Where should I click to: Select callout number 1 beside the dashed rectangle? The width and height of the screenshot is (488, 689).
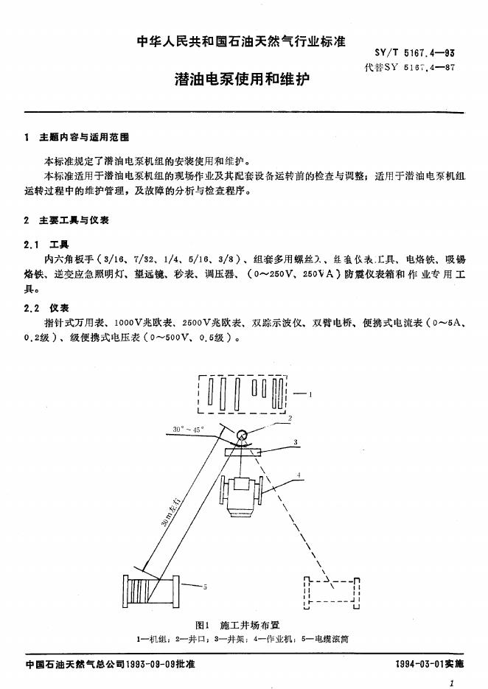[x=310, y=395]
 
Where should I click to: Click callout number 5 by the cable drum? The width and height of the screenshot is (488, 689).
[x=204, y=587]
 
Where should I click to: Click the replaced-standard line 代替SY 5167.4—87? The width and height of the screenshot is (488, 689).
[x=414, y=68]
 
